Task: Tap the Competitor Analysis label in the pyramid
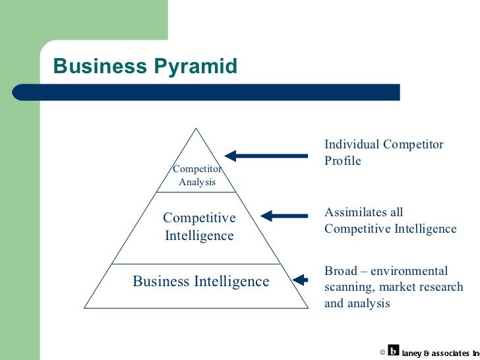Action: [x=197, y=175]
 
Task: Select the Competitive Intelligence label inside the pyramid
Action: [x=199, y=226]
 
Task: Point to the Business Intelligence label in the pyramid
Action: [x=201, y=282]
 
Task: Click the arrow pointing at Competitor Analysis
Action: [x=266, y=156]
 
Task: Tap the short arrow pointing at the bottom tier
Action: [x=301, y=280]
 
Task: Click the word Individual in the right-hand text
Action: [x=351, y=144]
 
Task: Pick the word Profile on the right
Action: [x=343, y=161]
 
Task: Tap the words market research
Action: [x=421, y=287]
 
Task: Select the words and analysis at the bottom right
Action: [x=357, y=303]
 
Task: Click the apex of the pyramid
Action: [x=196, y=129]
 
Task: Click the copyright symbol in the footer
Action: [x=382, y=352]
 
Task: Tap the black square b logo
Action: [x=394, y=351]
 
